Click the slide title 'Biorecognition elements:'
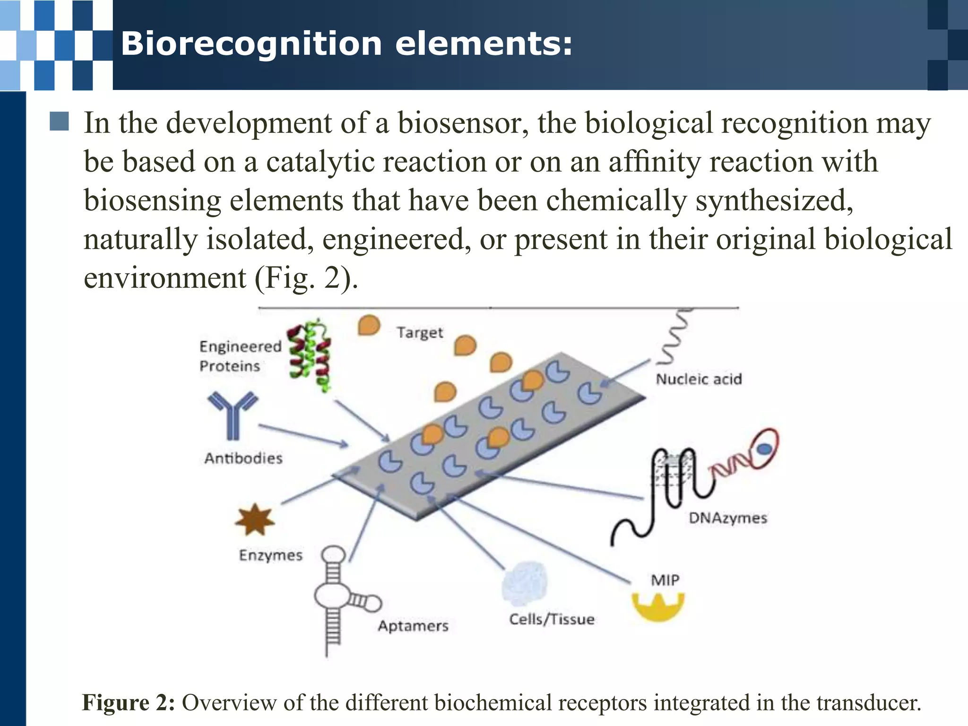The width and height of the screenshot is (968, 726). (346, 44)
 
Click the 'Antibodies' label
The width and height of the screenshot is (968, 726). (243, 458)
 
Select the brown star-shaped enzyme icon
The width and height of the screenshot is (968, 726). (255, 519)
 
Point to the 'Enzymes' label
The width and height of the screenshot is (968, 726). (270, 555)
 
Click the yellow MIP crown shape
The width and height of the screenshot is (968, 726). (658, 607)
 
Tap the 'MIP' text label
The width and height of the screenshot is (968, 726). (665, 580)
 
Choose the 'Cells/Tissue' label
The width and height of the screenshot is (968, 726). (552, 619)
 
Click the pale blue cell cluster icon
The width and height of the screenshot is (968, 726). (525, 584)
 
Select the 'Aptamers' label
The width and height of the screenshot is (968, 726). (413, 626)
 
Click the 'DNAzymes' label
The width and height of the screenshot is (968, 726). (728, 518)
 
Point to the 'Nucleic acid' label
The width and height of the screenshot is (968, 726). (699, 379)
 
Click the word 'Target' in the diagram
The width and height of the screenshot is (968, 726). (420, 333)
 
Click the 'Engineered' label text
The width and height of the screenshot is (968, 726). (240, 346)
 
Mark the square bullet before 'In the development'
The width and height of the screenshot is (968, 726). (59, 121)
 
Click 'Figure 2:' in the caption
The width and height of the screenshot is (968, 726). (129, 703)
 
